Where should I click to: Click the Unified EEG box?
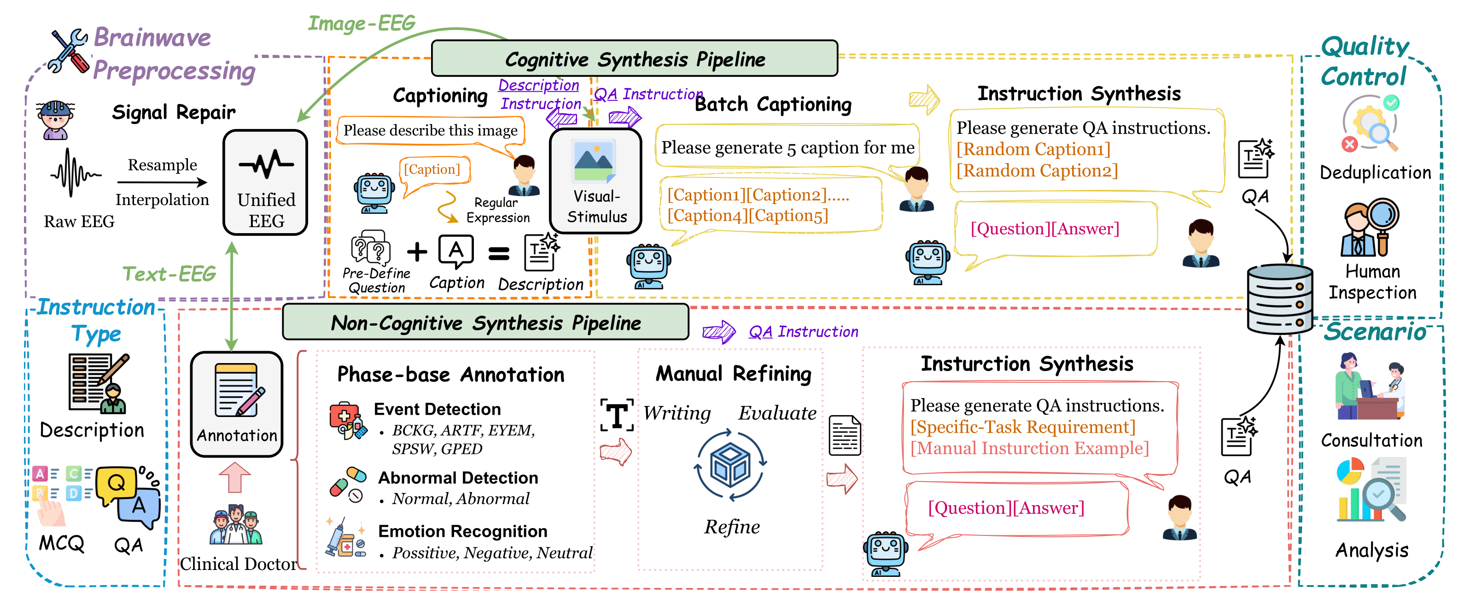pyautogui.click(x=265, y=183)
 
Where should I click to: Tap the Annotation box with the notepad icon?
pyautogui.click(x=237, y=404)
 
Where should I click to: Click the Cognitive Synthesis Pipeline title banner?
pyautogui.click(x=634, y=59)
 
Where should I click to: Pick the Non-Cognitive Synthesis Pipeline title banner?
pyautogui.click(x=485, y=323)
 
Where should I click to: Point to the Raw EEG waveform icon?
pyautogui.click(x=74, y=173)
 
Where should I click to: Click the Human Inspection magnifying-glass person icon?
pyautogui.click(x=1370, y=227)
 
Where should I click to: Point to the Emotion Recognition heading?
pyautogui.click(x=462, y=532)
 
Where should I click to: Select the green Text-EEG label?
pyautogui.click(x=169, y=274)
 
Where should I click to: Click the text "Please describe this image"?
pyautogui.click(x=430, y=131)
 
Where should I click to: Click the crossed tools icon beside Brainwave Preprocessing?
pyautogui.click(x=69, y=51)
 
